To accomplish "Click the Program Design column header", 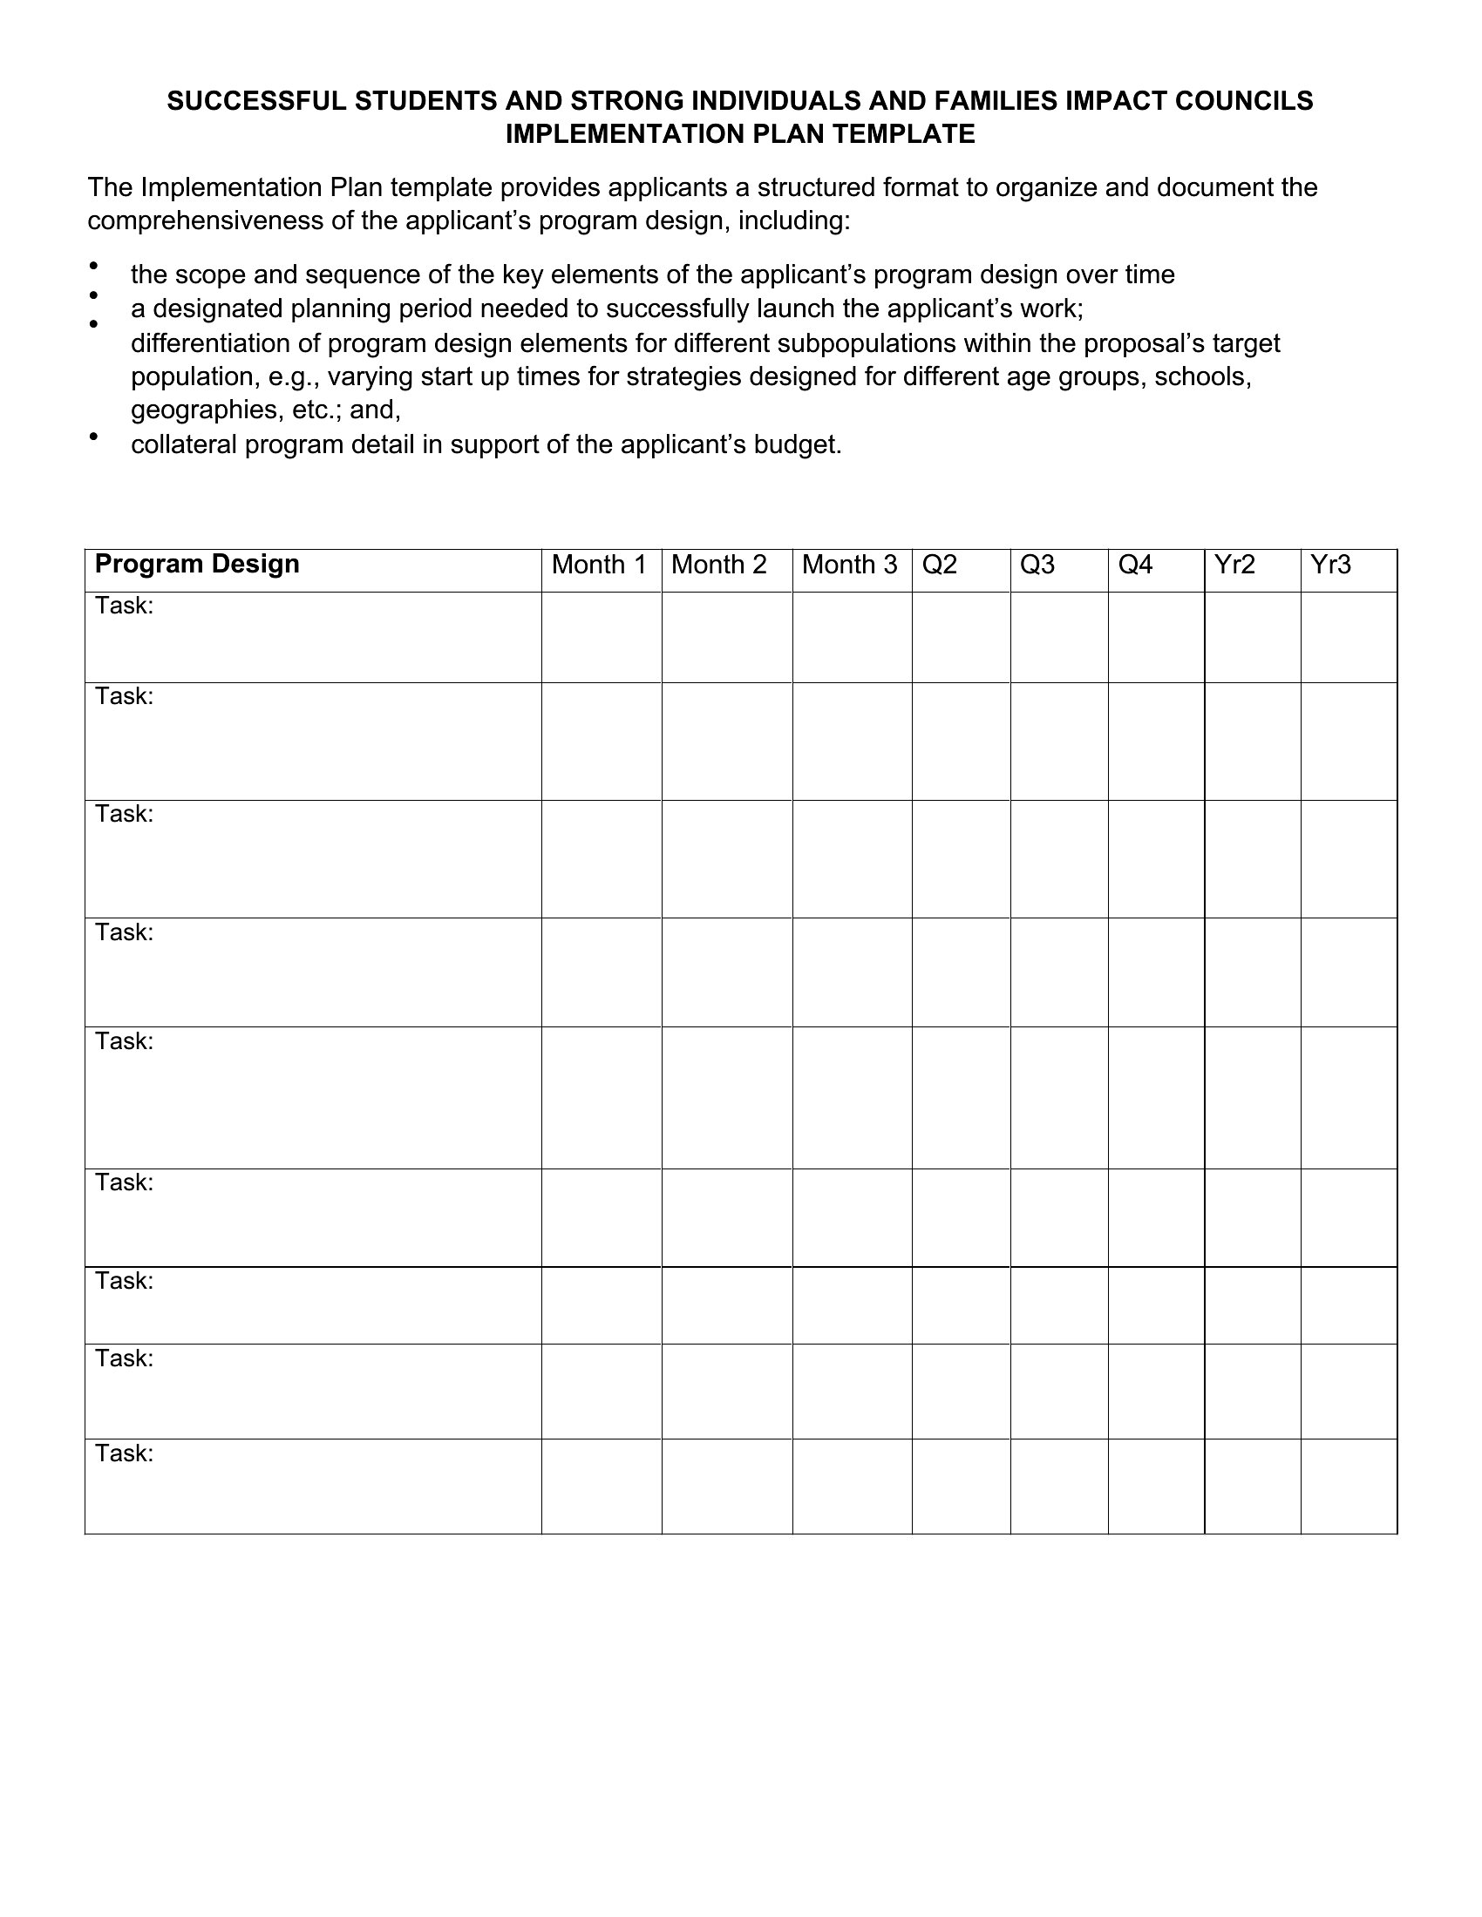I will coord(197,564).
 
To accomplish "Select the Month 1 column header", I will coord(599,565).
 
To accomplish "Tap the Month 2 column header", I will coord(719,565).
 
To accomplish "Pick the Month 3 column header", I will coord(849,565).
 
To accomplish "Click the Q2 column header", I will coord(940,565).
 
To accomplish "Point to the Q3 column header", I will coord(1037,565).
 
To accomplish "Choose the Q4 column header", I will coord(1135,565).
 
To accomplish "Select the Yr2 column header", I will coord(1234,565).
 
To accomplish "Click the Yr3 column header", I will coord(1330,565).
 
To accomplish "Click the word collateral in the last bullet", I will coord(183,445).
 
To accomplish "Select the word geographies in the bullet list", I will coord(201,410).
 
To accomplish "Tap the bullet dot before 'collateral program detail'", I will coord(93,435).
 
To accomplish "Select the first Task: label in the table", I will coord(124,606).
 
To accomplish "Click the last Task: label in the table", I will coord(124,1453).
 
